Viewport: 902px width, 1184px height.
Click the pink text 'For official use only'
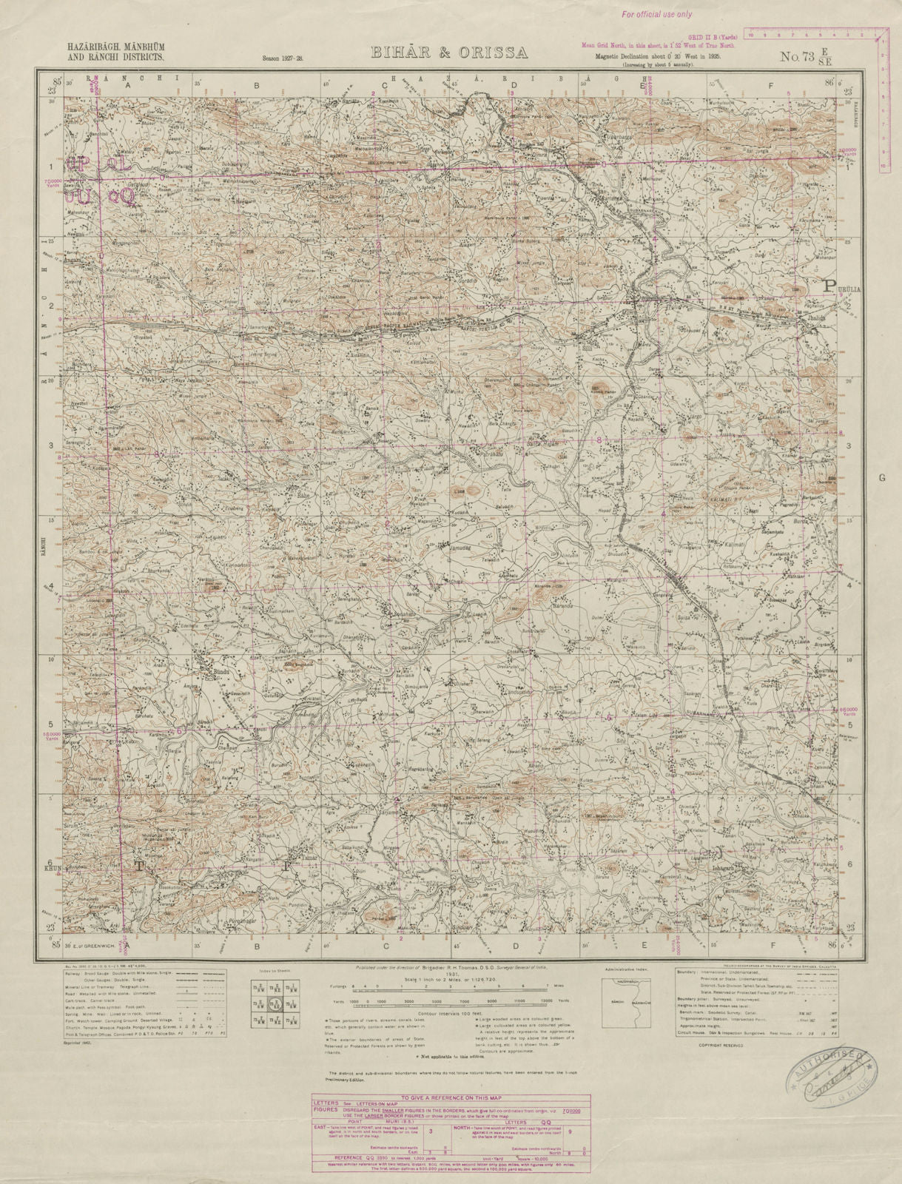pyautogui.click(x=656, y=13)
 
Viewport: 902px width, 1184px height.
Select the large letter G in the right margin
pyautogui.click(x=881, y=478)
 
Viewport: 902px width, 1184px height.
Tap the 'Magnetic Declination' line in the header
pyautogui.click(x=648, y=55)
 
